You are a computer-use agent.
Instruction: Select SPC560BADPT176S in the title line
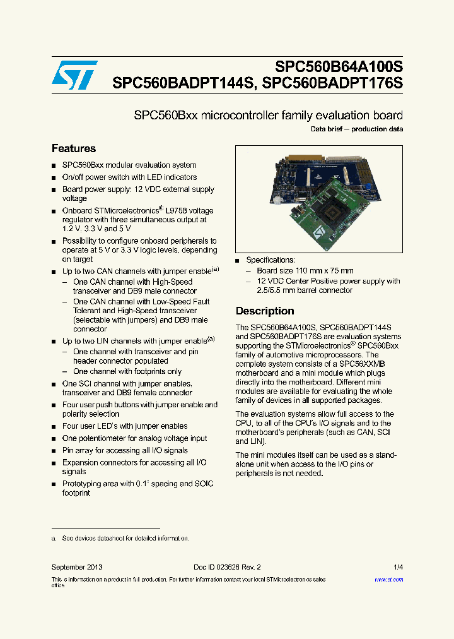tap(332, 83)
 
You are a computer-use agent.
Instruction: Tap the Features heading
tap(74, 149)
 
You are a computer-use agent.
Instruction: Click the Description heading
tap(265, 311)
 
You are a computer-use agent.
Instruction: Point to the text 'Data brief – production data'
tap(357, 129)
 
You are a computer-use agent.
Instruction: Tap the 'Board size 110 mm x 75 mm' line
tap(305, 271)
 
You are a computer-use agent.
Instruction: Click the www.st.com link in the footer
tap(388, 580)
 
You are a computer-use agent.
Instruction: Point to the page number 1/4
tap(398, 568)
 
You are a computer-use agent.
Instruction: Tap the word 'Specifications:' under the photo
tap(270, 260)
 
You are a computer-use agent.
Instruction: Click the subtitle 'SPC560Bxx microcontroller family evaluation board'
tap(268, 116)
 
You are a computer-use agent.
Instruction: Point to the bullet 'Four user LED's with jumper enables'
tap(124, 426)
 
